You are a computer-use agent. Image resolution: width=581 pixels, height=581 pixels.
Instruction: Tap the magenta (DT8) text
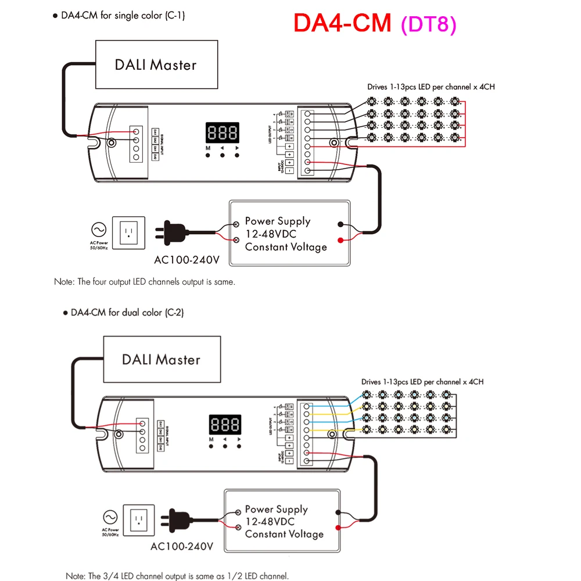[428, 24]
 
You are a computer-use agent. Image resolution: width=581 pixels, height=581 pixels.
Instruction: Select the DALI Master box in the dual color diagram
[161, 359]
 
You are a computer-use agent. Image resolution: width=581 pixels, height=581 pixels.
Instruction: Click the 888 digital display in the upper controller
[222, 133]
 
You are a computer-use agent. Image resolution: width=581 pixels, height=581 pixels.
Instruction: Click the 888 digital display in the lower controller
[224, 425]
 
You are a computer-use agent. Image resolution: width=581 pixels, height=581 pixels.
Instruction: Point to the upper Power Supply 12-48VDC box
[290, 234]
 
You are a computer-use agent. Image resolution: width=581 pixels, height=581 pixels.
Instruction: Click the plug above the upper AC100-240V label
[171, 233]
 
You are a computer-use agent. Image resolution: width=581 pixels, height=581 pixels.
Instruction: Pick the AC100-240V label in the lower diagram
[182, 547]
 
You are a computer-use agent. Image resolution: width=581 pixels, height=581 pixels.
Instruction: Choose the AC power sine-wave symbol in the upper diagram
[99, 228]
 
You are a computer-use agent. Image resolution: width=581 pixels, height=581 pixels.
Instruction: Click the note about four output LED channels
[145, 282]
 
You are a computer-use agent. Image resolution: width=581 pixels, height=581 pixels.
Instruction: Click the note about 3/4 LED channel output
[177, 576]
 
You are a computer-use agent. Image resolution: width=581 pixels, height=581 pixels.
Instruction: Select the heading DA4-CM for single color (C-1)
[123, 16]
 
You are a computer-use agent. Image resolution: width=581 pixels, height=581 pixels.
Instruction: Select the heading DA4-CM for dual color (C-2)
[127, 313]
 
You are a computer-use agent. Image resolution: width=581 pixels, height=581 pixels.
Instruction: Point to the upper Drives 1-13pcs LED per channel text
[431, 87]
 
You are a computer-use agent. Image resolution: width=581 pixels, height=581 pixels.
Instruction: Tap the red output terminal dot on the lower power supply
[338, 529]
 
